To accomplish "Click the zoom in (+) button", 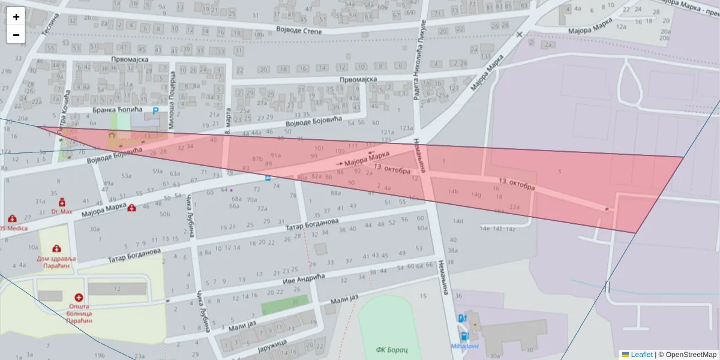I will (16, 16).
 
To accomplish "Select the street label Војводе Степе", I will (299, 31).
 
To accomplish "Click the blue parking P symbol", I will (156, 111).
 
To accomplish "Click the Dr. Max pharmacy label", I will (61, 212).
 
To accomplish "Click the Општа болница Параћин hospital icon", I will (79, 298).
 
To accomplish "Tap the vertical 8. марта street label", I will (227, 122).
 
